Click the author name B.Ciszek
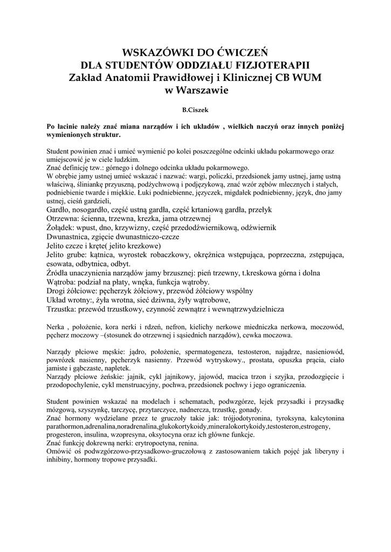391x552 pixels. [195, 109]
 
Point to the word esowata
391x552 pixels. [61, 264]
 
